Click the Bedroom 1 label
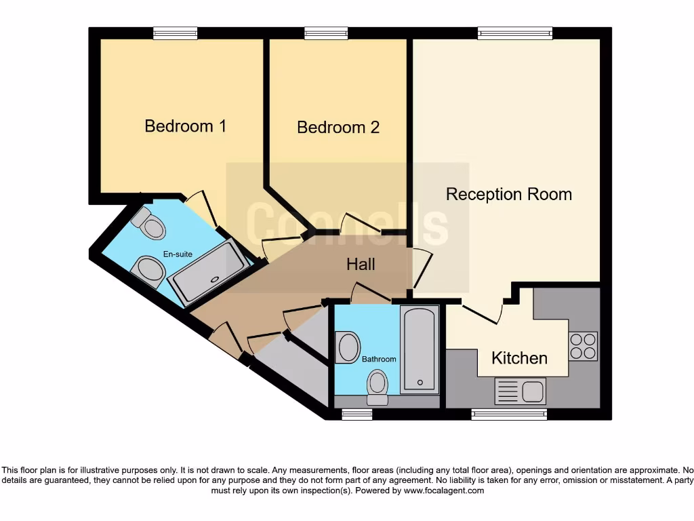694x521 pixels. [185, 126]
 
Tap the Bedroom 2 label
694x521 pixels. [338, 128]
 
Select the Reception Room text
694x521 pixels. [508, 195]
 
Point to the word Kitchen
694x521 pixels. [519, 358]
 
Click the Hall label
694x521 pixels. [361, 264]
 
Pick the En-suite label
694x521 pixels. [178, 254]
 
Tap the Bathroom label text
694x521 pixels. [379, 359]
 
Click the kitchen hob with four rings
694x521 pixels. [583, 345]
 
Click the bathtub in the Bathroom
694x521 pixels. [420, 349]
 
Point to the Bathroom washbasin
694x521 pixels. [348, 347]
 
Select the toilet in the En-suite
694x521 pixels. [150, 224]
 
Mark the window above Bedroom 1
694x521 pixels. [175, 33]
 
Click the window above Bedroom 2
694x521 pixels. [326, 33]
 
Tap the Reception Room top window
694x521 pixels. [514, 33]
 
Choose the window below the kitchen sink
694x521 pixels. [509, 414]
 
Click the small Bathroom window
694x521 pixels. [352, 414]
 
